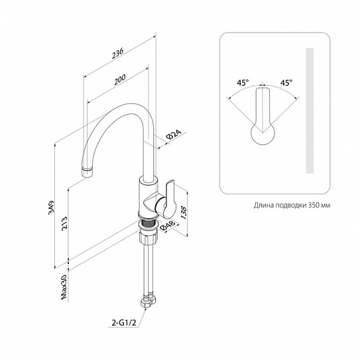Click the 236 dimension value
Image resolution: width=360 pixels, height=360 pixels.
(117, 53)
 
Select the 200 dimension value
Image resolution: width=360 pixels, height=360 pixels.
(120, 79)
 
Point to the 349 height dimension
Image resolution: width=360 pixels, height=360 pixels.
(51, 208)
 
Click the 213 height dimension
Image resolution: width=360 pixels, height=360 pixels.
(64, 223)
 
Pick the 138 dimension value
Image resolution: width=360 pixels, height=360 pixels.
(184, 213)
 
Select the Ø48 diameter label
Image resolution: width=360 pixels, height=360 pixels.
(168, 225)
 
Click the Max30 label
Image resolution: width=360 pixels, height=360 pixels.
(64, 287)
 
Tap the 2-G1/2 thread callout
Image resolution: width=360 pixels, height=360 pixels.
(124, 323)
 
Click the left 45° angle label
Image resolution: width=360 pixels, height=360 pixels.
(243, 82)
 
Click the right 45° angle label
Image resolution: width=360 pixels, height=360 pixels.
(286, 82)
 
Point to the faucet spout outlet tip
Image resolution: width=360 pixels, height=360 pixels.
(88, 172)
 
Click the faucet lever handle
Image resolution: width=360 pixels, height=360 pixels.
(169, 199)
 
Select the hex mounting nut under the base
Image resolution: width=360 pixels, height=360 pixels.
(148, 237)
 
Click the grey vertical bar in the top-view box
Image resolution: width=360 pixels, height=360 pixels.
(310, 111)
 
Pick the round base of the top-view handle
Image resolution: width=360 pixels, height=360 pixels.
(263, 133)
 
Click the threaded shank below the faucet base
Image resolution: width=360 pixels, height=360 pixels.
(148, 223)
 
